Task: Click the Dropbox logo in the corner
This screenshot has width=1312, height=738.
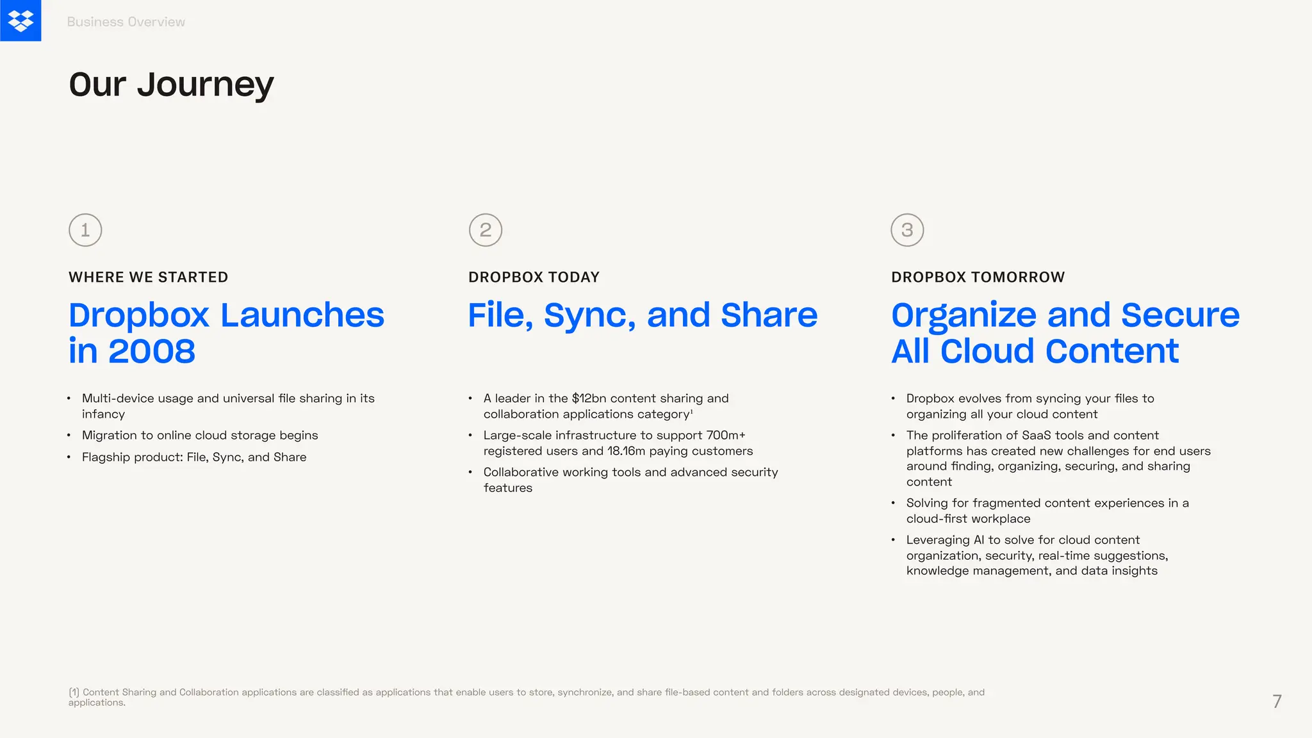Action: pos(20,20)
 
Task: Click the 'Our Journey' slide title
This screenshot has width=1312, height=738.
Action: pos(171,85)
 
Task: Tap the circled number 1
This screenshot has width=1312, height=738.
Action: pos(85,230)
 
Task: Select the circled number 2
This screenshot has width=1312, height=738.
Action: pos(486,230)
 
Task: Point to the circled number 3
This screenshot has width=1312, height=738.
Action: pos(907,230)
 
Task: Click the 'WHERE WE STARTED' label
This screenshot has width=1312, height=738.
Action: pos(148,277)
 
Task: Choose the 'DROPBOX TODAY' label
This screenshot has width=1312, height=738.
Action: pos(534,277)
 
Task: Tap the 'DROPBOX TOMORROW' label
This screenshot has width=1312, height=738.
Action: pos(978,277)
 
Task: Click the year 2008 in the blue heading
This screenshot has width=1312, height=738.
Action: pos(152,352)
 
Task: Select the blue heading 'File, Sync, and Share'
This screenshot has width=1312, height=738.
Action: pos(643,315)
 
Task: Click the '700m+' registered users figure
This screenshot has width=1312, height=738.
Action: pos(726,436)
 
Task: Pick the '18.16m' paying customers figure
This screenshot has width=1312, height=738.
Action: pos(626,451)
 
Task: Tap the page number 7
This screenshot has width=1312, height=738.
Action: pos(1277,701)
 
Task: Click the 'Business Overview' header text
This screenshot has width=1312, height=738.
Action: pos(126,22)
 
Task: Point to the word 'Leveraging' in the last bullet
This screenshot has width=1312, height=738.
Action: pos(938,540)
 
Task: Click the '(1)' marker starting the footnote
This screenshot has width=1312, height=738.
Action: pos(74,693)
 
